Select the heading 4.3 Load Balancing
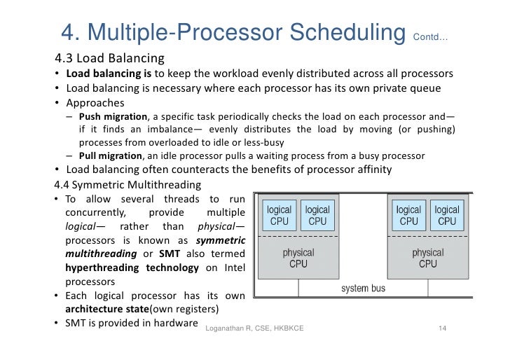click(x=109, y=57)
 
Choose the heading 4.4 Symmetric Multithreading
click(x=127, y=185)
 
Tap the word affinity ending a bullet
click(x=370, y=170)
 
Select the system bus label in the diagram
click(x=363, y=288)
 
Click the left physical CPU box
click(x=298, y=258)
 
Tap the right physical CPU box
click(x=427, y=258)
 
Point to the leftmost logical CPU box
click(x=280, y=215)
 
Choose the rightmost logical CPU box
click(x=447, y=215)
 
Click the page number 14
click(x=442, y=329)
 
